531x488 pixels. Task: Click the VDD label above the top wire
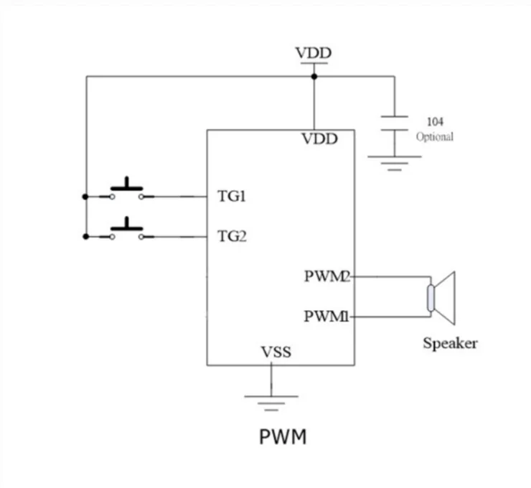pyautogui.click(x=314, y=53)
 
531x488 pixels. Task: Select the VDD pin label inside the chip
pyautogui.click(x=318, y=139)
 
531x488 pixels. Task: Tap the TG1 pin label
pyautogui.click(x=232, y=196)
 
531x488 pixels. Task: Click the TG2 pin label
pyautogui.click(x=232, y=235)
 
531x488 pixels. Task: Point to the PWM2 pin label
pyautogui.click(x=326, y=276)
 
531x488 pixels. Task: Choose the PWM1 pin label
pyautogui.click(x=326, y=316)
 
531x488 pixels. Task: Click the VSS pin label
pyautogui.click(x=276, y=352)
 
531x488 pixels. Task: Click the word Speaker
pyautogui.click(x=450, y=343)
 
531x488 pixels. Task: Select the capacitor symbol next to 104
pyautogui.click(x=394, y=123)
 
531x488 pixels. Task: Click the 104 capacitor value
pyautogui.click(x=435, y=122)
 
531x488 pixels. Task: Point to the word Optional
pyautogui.click(x=435, y=136)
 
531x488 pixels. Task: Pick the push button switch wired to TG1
pyautogui.click(x=126, y=190)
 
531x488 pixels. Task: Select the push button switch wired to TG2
pyautogui.click(x=126, y=230)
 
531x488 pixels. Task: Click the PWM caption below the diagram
pyautogui.click(x=283, y=436)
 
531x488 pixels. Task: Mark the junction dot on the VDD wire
pyautogui.click(x=314, y=76)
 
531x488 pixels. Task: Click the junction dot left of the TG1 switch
pyautogui.click(x=86, y=196)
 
